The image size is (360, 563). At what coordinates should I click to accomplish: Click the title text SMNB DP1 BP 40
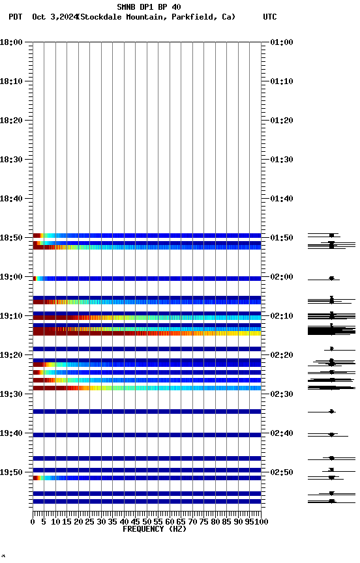coord(149,7)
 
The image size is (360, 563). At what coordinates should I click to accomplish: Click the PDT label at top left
coord(16,17)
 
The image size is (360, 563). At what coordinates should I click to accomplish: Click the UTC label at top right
coord(269,17)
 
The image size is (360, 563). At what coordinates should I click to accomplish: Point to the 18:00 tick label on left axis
coord(12,42)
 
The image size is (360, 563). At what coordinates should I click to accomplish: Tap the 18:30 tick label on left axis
coord(12,160)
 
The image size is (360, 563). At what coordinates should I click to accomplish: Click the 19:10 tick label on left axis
coord(12,316)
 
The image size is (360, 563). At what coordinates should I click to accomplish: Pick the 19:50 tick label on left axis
coord(12,472)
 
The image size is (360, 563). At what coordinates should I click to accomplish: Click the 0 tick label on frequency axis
coord(33,521)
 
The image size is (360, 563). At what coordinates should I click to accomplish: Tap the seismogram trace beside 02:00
coord(331,278)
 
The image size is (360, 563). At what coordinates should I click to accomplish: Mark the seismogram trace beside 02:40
coord(331,434)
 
